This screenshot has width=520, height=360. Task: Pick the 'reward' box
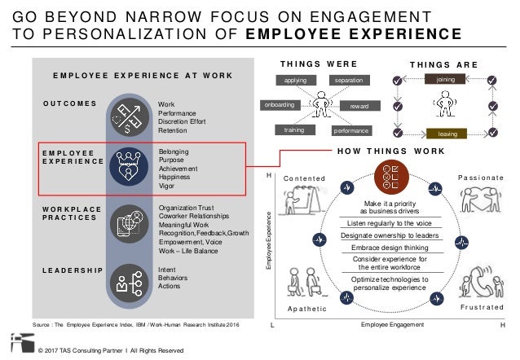(x=358, y=106)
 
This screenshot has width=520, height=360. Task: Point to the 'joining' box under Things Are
(x=445, y=81)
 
